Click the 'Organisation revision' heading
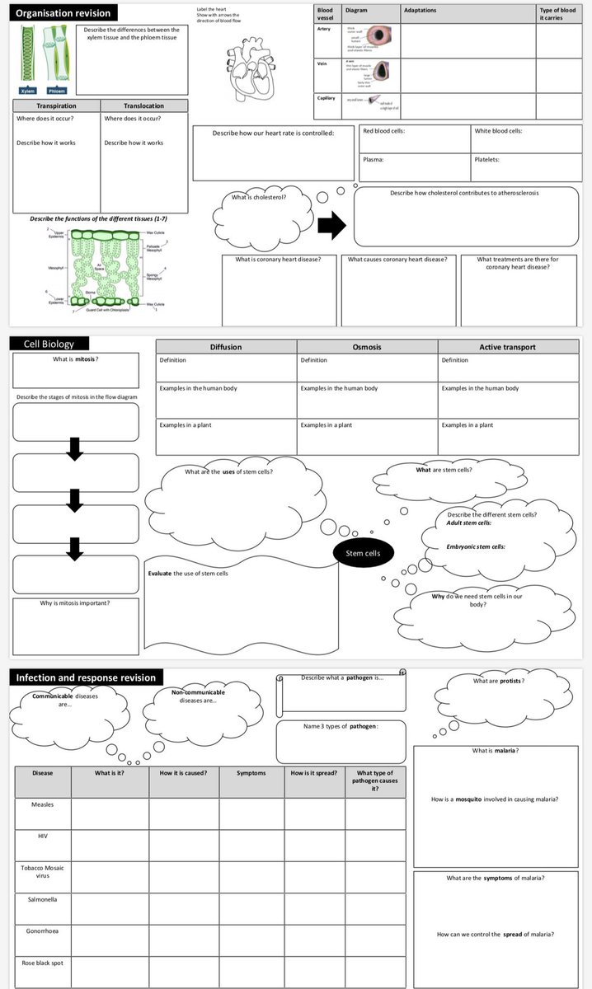click(63, 13)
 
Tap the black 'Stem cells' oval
click(363, 553)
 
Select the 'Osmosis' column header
click(367, 347)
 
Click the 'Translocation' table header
click(143, 105)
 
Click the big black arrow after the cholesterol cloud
click(332, 225)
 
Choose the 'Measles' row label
click(42, 804)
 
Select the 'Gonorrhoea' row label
click(42, 930)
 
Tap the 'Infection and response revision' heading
click(86, 677)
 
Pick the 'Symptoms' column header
click(251, 773)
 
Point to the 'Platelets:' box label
click(487, 160)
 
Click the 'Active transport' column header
click(507, 347)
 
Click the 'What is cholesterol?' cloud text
click(259, 198)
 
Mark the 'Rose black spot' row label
click(42, 962)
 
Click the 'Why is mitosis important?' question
click(75, 602)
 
